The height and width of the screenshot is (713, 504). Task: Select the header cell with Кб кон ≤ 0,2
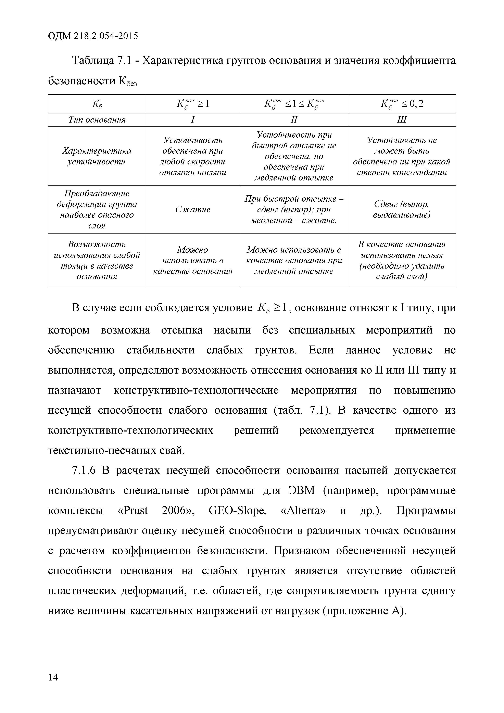[402, 104]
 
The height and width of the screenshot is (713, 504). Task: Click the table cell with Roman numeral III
[402, 120]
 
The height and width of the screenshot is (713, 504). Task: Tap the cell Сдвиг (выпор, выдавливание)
[402, 210]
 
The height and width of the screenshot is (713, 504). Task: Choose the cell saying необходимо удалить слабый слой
[402, 261]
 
